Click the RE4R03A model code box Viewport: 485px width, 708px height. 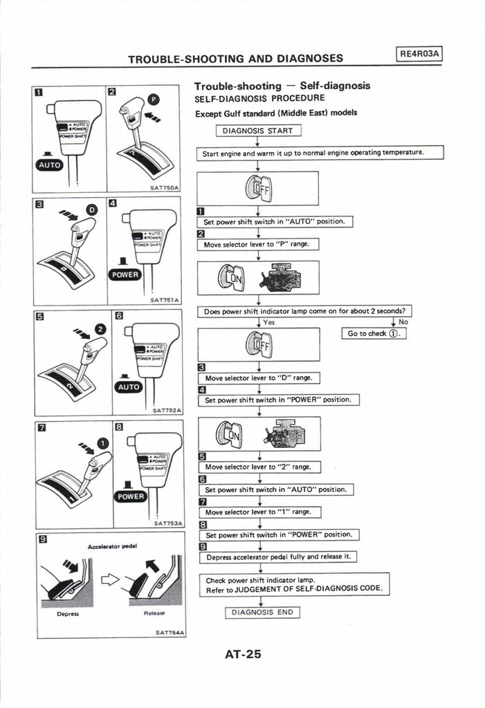tap(420, 54)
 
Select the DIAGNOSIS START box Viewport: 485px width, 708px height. tap(257, 131)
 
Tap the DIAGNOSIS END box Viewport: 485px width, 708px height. tap(262, 612)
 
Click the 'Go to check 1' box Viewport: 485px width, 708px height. tap(374, 333)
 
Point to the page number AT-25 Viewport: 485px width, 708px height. tap(243, 653)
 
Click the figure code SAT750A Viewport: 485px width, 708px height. tap(165, 187)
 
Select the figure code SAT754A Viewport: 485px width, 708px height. tap(169, 632)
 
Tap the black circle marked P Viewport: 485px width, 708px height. tap(154, 100)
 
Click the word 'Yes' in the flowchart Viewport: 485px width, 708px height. tap(268, 322)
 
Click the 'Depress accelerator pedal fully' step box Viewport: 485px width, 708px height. tap(279, 557)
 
